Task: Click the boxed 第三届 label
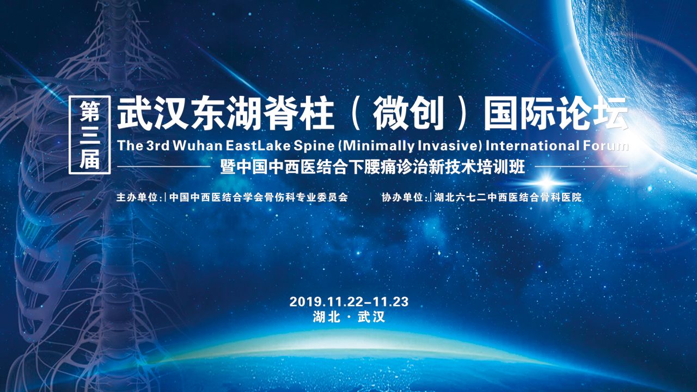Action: [90, 134]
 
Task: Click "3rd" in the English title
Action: [158, 145]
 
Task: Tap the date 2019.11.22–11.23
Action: [349, 302]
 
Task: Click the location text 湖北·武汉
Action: [349, 317]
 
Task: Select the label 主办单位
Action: [137, 197]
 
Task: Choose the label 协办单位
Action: [402, 197]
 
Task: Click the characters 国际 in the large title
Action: [519, 114]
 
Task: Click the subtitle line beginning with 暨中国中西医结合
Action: [372, 167]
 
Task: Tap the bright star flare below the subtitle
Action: [546, 181]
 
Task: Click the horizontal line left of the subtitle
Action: [164, 167]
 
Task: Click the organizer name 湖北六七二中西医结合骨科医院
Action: [508, 197]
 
